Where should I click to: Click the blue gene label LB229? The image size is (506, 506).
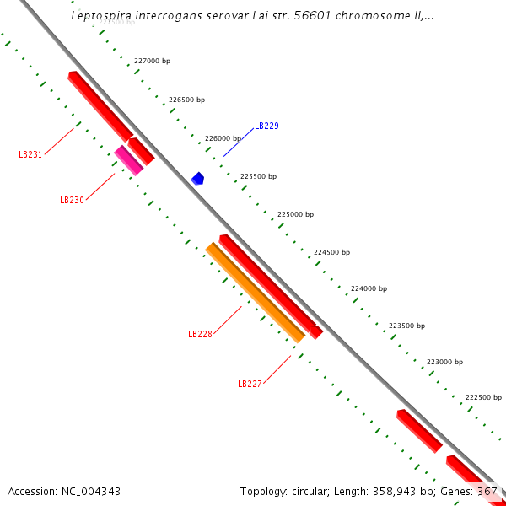click(x=266, y=126)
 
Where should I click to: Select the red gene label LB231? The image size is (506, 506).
click(x=30, y=155)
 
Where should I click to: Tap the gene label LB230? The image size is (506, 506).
click(x=72, y=201)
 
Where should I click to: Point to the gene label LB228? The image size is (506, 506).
click(x=200, y=334)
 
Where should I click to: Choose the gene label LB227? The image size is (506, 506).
click(x=250, y=384)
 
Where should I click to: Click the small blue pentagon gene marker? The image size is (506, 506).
click(x=197, y=178)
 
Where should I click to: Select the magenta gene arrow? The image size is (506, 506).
click(x=129, y=160)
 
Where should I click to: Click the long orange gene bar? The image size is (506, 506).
click(x=256, y=293)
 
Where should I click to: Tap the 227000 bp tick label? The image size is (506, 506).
click(x=152, y=61)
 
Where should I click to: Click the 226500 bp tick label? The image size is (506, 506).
click(x=186, y=100)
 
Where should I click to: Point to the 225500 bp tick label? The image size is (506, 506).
click(x=258, y=177)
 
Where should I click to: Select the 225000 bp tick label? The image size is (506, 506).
click(x=295, y=215)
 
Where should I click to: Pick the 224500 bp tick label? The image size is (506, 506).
click(x=331, y=252)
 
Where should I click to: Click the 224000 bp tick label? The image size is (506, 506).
click(x=369, y=288)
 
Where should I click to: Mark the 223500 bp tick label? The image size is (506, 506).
click(x=406, y=326)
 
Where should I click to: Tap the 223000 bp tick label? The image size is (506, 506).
click(x=444, y=361)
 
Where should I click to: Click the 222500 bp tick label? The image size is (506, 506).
click(x=483, y=397)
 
